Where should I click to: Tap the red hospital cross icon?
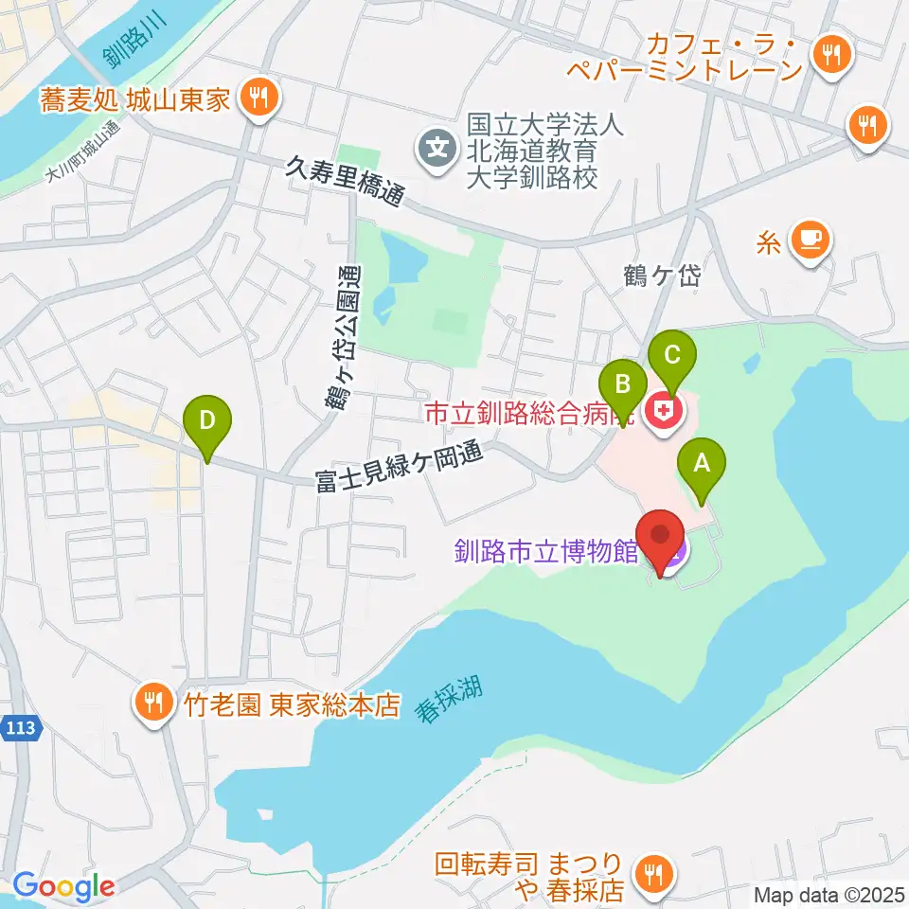click(665, 411)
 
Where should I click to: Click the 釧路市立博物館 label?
click(546, 551)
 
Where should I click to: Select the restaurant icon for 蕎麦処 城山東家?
click(257, 95)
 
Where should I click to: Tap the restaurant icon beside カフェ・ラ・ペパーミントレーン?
click(830, 56)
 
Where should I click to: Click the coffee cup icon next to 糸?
click(808, 237)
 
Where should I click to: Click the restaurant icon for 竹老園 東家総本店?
click(151, 702)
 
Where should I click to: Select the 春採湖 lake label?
click(448, 700)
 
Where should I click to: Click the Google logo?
click(63, 886)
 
